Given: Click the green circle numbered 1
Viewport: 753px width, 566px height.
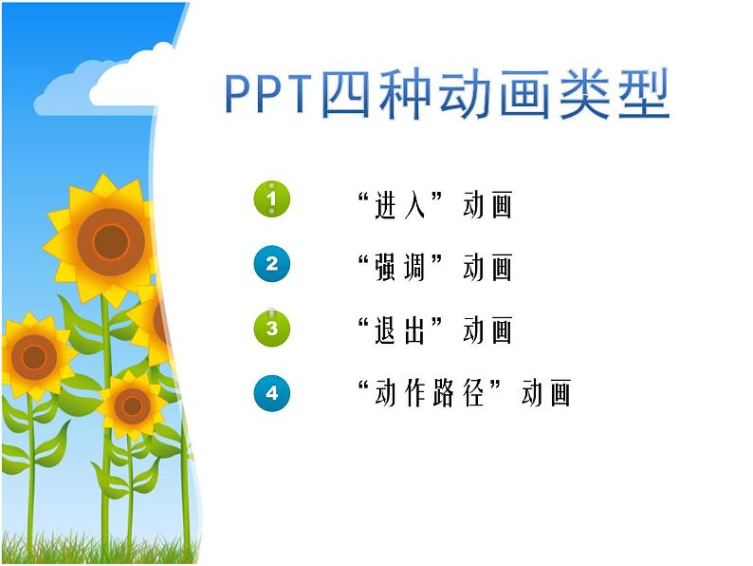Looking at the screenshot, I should [272, 199].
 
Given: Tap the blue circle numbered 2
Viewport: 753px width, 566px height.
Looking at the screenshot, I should [272, 264].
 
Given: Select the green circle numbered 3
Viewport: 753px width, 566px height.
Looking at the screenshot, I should [272, 329].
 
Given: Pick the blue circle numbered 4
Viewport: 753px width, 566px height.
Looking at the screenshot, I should [272, 392].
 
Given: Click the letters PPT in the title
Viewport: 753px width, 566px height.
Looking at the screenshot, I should [269, 95].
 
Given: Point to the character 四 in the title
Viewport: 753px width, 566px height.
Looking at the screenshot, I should [348, 95].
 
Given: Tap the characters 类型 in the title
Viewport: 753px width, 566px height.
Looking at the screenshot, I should [613, 95].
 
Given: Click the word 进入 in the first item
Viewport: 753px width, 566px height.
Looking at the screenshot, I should [401, 204].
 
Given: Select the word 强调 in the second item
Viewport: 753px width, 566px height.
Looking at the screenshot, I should [401, 267].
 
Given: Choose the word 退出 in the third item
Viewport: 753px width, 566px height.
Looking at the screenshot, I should [401, 330].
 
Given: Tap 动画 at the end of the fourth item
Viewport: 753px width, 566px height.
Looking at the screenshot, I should [547, 392].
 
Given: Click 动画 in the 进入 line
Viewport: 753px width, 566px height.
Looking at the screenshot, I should [487, 204].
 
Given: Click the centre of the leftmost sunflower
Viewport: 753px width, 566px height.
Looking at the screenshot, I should [34, 357].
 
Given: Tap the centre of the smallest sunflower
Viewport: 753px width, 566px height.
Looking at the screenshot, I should [132, 406].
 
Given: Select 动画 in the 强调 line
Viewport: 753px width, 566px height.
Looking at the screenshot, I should [487, 267].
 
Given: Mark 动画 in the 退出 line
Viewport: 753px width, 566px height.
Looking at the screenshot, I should [487, 330].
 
